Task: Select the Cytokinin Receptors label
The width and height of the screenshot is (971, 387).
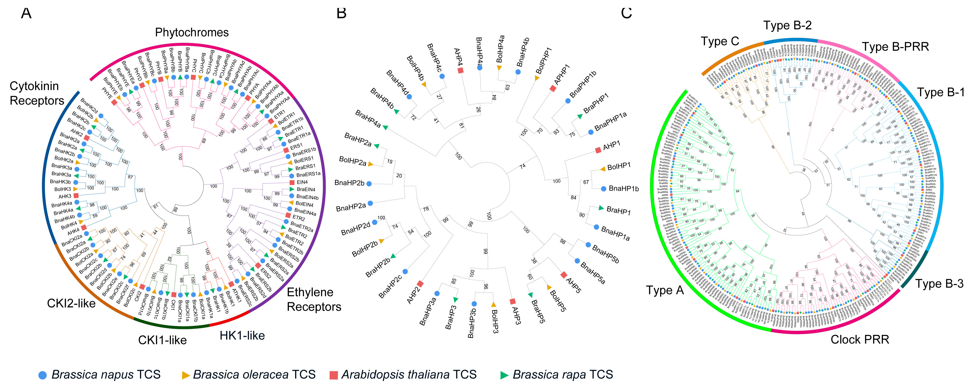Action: coord(37,93)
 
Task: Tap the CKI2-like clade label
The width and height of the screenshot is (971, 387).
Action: coord(71,303)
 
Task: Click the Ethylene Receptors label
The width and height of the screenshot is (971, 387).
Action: coord(314,300)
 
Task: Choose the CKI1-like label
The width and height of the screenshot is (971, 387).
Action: coord(162,340)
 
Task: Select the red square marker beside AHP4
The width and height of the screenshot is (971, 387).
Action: coord(461,70)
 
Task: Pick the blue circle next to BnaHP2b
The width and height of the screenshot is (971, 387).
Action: coord(369,184)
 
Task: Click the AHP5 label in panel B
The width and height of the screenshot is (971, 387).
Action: coord(574,285)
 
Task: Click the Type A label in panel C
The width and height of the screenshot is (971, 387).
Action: coord(665,290)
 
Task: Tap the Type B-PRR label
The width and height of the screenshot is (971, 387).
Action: coord(895,47)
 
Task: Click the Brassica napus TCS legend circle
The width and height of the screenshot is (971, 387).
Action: coord(43,375)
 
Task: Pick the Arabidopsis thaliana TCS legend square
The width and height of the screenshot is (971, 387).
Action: coord(334,375)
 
